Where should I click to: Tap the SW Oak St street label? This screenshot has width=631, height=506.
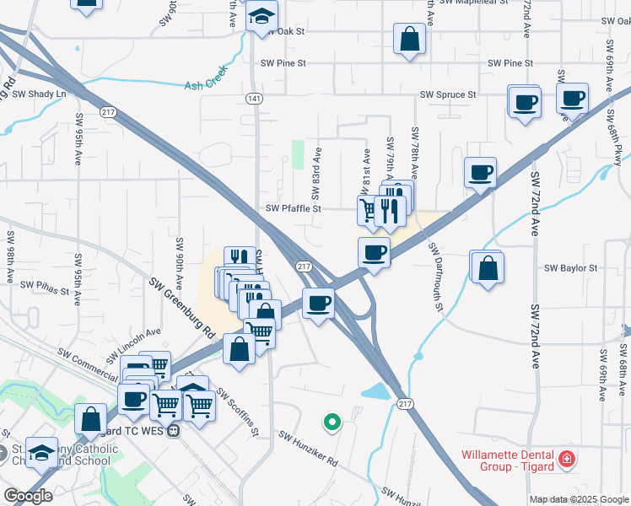[282, 31]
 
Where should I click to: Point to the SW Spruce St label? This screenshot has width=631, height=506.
[450, 94]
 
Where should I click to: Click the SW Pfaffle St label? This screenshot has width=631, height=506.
[294, 209]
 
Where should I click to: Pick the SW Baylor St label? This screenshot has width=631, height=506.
[570, 268]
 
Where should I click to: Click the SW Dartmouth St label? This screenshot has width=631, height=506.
[435, 277]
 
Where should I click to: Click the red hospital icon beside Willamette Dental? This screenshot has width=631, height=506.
[569, 460]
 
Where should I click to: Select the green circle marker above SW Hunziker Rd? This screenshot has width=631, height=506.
[332, 421]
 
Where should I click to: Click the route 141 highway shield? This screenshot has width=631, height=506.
[253, 99]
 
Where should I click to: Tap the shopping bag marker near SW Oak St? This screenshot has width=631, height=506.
[409, 39]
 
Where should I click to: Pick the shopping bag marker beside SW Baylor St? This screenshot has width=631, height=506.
[488, 268]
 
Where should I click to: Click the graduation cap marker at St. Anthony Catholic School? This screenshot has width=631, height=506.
[40, 453]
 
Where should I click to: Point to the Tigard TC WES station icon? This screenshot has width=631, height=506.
[173, 430]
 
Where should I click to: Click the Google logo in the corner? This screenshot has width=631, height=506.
[28, 496]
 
